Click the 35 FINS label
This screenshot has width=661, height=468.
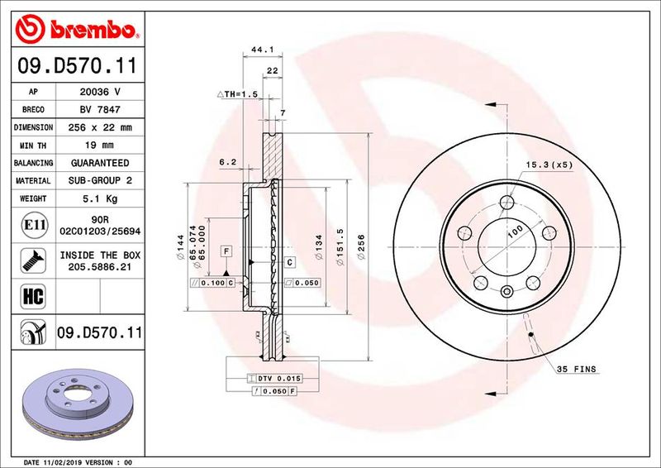click(576, 368)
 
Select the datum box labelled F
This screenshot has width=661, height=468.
click(225, 249)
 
